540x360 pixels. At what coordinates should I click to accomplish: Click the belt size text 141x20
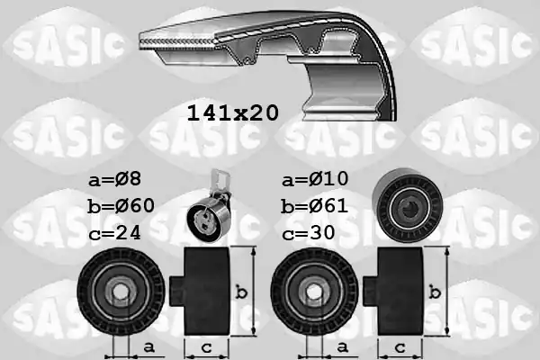(232, 113)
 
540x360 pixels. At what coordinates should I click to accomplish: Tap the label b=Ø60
(122, 205)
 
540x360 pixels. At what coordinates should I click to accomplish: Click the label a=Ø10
(314, 179)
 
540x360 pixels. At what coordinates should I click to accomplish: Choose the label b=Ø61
(314, 205)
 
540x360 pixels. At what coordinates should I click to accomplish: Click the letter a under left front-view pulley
(148, 346)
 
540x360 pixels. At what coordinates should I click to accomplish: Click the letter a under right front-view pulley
(343, 346)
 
